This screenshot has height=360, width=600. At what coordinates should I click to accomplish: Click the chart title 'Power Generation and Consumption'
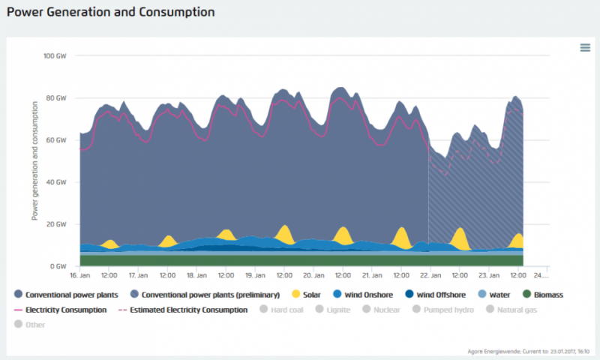110,13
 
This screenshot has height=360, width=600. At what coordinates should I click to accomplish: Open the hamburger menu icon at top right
585,48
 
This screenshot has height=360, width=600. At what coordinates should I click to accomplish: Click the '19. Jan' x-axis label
255,275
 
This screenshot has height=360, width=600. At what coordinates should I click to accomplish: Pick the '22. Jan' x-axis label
430,275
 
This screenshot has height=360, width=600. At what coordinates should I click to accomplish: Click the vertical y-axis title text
34,161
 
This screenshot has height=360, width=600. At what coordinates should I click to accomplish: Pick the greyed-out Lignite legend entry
337,309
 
